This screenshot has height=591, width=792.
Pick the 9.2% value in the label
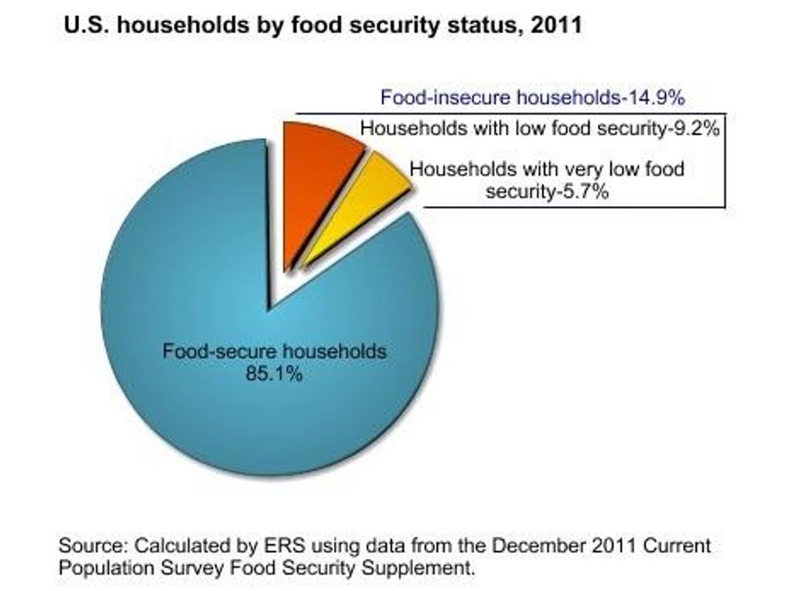(x=697, y=128)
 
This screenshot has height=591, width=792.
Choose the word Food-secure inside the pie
(x=211, y=352)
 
